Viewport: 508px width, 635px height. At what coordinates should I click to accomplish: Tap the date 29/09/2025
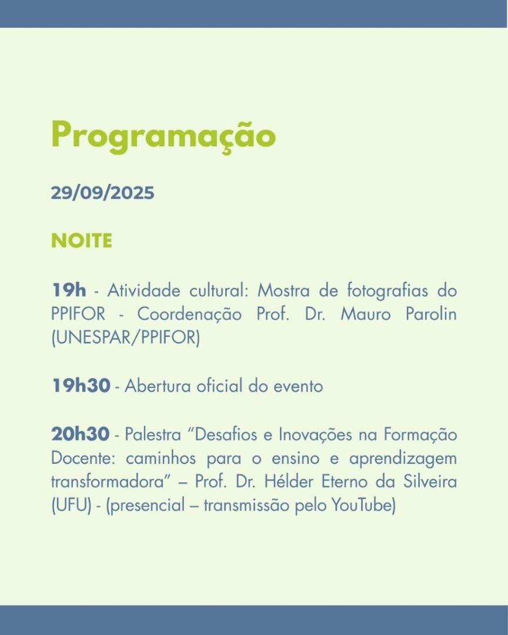pos(102,193)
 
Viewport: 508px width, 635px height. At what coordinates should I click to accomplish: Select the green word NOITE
pos(81,241)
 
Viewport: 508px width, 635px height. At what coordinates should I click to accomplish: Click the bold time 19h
pos(69,290)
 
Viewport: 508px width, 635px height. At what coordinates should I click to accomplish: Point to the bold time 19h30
pos(81,386)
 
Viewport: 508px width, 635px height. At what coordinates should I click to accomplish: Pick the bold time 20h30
pos(81,435)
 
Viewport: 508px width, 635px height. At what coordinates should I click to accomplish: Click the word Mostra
pos(285,290)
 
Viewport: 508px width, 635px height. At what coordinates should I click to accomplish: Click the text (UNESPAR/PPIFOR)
pos(125,339)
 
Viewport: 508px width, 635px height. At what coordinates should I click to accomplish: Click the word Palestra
pos(151,435)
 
